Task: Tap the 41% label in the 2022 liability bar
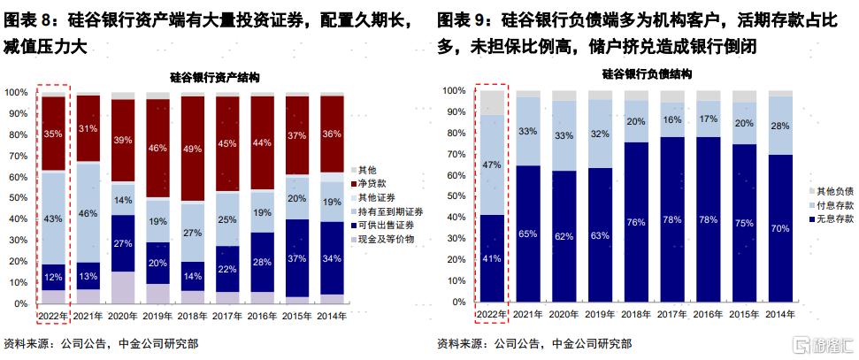(x=491, y=259)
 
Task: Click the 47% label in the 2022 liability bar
(x=491, y=165)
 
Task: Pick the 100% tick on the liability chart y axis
(x=454, y=91)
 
